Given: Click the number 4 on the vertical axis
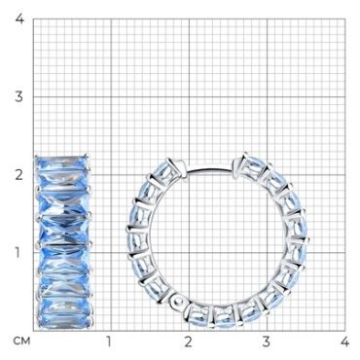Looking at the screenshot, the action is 19,18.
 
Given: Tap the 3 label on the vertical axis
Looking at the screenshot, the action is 19,96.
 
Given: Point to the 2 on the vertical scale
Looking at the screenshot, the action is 19,175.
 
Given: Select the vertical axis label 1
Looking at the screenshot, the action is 18,253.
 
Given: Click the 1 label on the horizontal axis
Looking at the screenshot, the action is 109,342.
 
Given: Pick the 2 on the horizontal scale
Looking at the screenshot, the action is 188,342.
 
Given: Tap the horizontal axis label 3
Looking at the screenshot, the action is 267,342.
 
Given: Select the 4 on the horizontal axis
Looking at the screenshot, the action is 344,342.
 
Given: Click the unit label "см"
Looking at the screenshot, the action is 22,342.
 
